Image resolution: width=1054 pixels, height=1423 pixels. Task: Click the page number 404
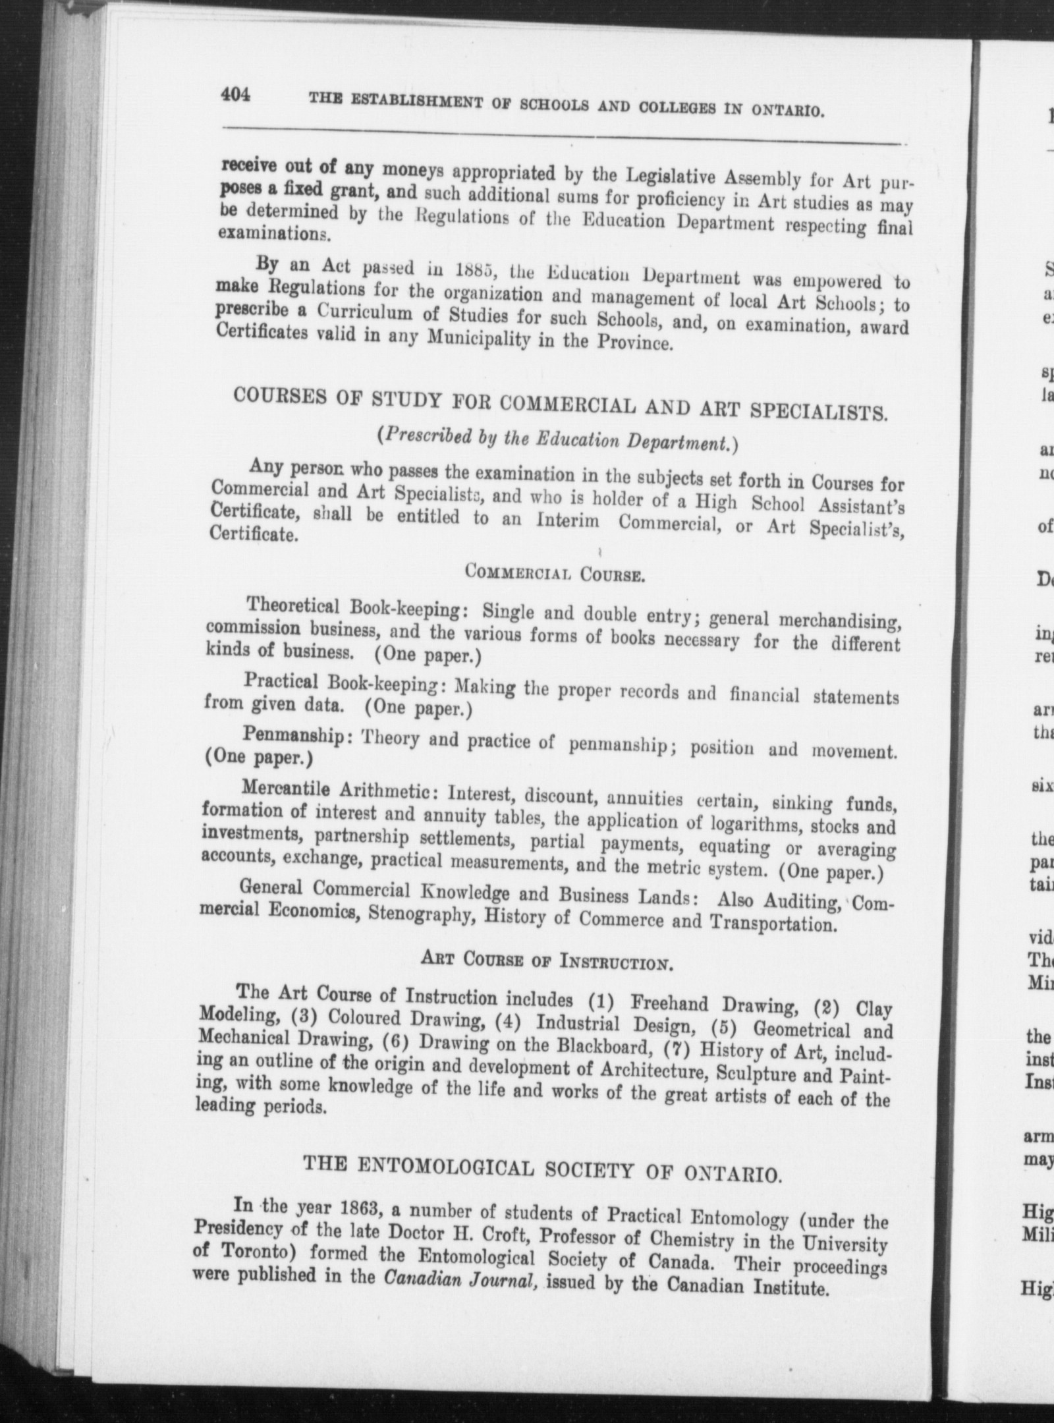click(236, 95)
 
